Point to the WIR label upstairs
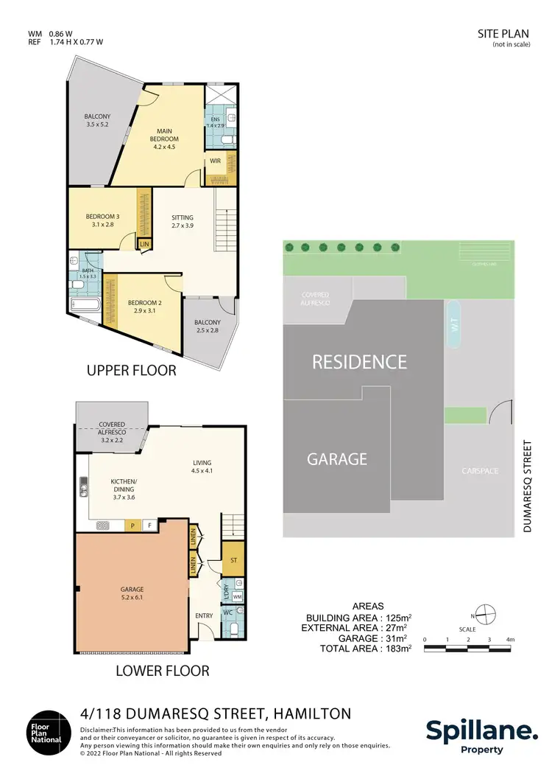(x=215, y=161)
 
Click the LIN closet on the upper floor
(x=144, y=242)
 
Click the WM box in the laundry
(x=237, y=596)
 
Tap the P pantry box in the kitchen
(x=133, y=526)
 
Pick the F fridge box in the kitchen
(x=149, y=526)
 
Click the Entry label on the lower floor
(x=203, y=615)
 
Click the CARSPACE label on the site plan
(x=481, y=469)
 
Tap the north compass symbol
(x=484, y=611)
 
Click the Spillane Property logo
(x=481, y=734)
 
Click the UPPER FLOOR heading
(x=132, y=370)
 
